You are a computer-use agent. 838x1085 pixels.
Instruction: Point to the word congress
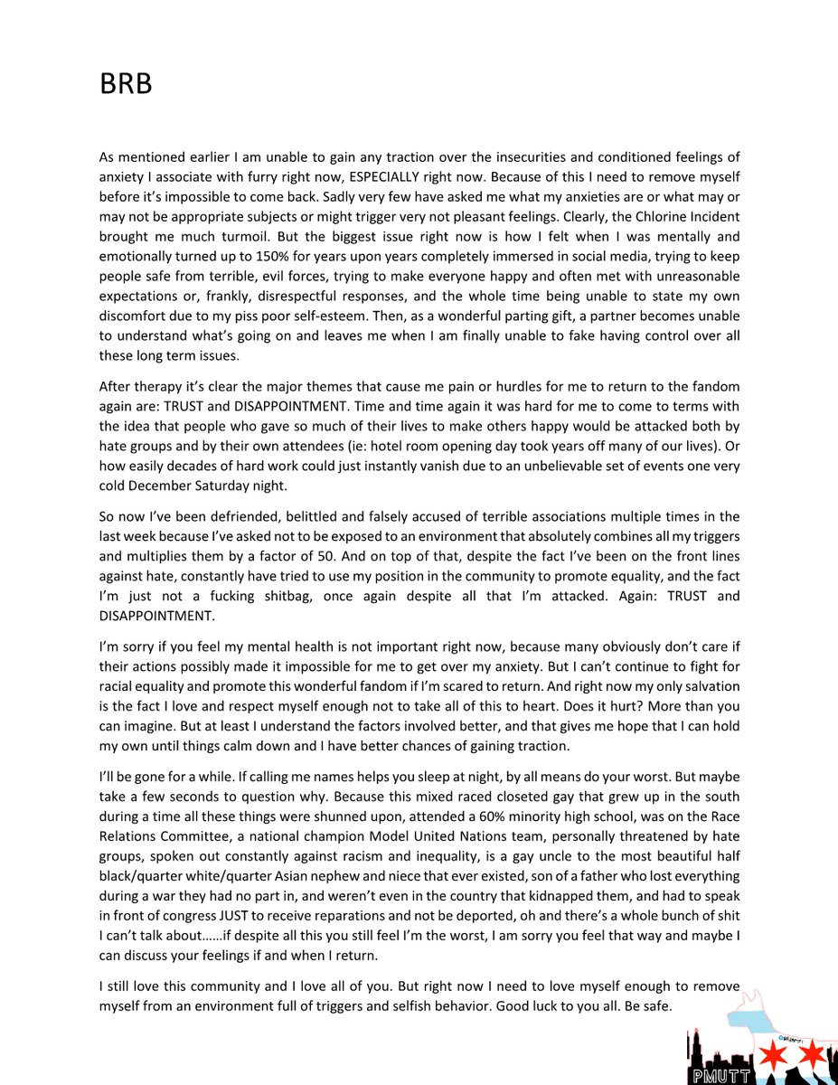tap(166, 915)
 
